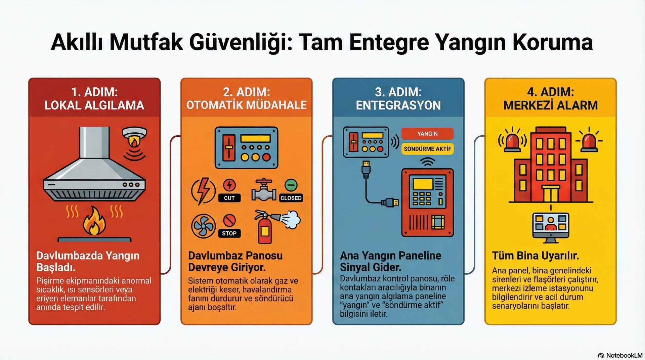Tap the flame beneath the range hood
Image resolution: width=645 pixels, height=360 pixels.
click(x=95, y=222)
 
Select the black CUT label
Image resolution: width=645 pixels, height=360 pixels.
click(x=229, y=198)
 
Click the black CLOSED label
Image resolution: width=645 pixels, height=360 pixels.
click(x=291, y=198)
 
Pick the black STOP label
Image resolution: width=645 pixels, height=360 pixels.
click(x=229, y=233)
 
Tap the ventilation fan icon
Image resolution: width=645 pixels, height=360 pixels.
click(x=203, y=226)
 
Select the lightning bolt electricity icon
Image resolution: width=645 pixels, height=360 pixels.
click(x=203, y=191)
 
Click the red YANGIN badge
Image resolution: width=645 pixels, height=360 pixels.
click(x=427, y=134)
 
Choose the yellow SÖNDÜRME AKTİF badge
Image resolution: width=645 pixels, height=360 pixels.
click(x=427, y=149)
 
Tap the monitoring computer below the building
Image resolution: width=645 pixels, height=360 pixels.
click(x=551, y=226)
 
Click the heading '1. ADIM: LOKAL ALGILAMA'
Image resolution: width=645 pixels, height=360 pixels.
click(x=94, y=98)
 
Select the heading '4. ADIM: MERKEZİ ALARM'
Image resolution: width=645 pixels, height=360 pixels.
click(x=550, y=98)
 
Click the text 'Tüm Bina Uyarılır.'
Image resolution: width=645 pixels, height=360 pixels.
click(x=535, y=256)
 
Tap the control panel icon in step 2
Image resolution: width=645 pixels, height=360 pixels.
click(x=247, y=148)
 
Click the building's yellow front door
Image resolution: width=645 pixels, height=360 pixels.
click(x=551, y=194)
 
